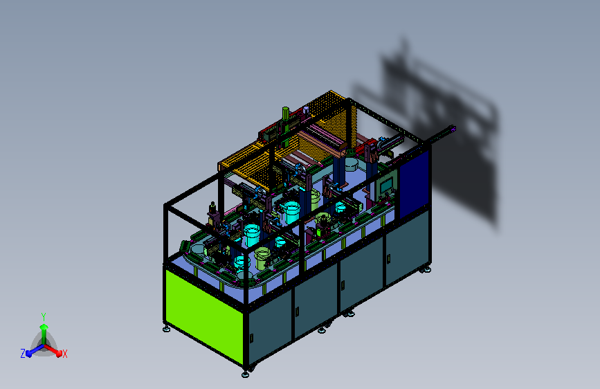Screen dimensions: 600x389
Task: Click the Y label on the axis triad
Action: pyautogui.click(x=44, y=316)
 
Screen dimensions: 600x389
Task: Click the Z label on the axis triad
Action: pyautogui.click(x=23, y=354)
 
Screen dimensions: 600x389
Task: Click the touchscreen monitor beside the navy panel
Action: pyautogui.click(x=386, y=186)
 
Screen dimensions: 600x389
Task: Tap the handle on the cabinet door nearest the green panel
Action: pyautogui.click(x=251, y=338)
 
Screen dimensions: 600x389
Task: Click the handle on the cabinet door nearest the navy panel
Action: pyautogui.click(x=388, y=259)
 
